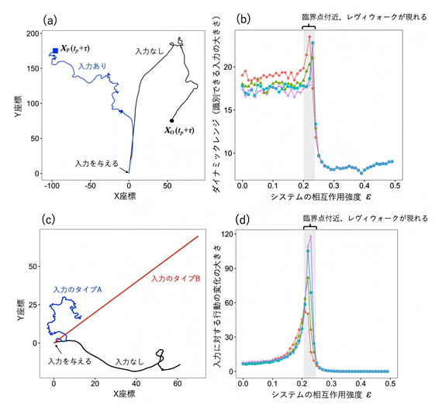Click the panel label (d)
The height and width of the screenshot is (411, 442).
pos(247,219)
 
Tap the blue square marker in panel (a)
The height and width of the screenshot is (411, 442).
pos(55,51)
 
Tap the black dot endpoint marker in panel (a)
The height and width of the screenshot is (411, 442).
pos(171,120)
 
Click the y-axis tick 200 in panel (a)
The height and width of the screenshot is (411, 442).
pos(33,34)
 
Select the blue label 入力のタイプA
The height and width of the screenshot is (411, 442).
pos(78,290)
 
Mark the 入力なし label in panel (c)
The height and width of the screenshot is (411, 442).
pos(129,361)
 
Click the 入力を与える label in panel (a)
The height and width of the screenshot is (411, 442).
pos(97,164)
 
